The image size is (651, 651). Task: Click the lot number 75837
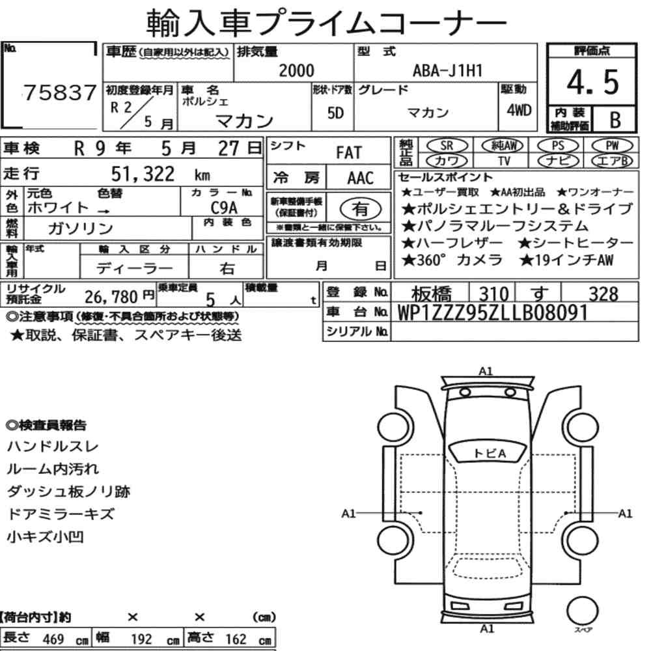pos(60,92)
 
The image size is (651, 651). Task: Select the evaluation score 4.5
pos(592,82)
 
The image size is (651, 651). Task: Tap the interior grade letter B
pos(615,120)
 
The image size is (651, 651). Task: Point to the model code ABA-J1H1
pos(447,70)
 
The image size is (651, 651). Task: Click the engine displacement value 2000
pos(296,70)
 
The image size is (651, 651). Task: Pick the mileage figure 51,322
pos(143,174)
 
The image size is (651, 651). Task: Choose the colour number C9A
pos(224,207)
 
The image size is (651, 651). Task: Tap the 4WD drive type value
pos(519,110)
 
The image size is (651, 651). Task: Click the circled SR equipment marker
pos(447,146)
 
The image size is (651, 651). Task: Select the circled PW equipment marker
pos(612,146)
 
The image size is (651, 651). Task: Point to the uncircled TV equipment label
pos(504,161)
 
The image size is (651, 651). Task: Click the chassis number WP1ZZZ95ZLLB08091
pos(492,313)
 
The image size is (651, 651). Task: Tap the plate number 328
pos(603,294)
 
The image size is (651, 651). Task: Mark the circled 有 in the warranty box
pos(361,208)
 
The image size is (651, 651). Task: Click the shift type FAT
pos(349,153)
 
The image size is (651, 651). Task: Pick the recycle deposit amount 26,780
pos(111,297)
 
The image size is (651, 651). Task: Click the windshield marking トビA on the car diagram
pos(490,453)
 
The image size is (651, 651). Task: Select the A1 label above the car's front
pos(486,371)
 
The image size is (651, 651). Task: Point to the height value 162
pos(236,639)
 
